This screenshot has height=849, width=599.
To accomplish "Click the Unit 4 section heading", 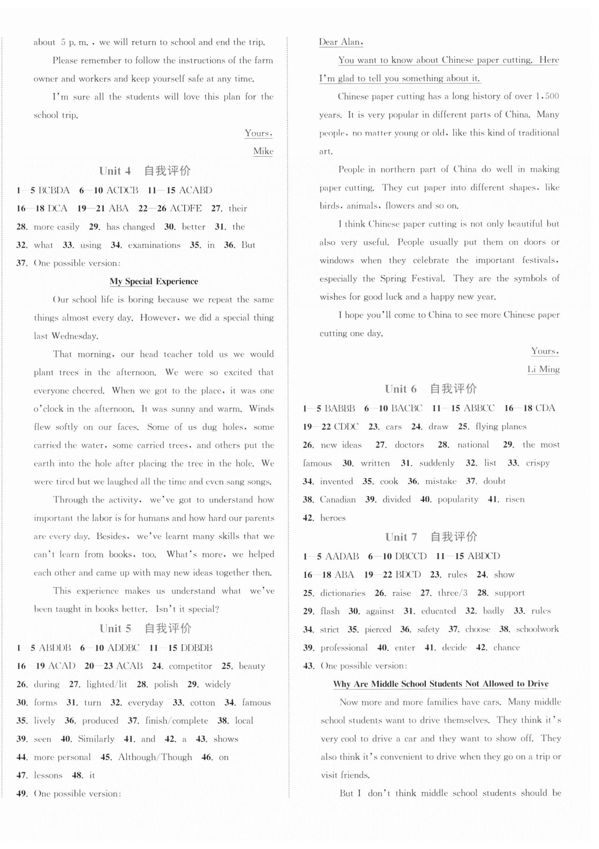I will click(145, 171).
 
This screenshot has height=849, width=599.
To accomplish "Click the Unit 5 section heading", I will click(145, 628).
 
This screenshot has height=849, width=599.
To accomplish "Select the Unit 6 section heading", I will click(430, 389).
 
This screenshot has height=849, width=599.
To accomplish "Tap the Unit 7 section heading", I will click(431, 537).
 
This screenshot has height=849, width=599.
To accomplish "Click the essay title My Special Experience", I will click(154, 282).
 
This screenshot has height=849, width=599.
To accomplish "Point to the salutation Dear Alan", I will click(341, 42).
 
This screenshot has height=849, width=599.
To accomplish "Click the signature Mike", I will click(263, 151).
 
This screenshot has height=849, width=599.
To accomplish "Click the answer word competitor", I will click(190, 666).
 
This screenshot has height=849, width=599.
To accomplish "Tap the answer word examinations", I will click(154, 245).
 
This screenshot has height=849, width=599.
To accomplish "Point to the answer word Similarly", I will click(96, 739).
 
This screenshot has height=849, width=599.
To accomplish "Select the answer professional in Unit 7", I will click(344, 648).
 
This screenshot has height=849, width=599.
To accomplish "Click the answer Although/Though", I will click(155, 757).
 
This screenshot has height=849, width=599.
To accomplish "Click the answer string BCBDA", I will click(54, 190).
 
